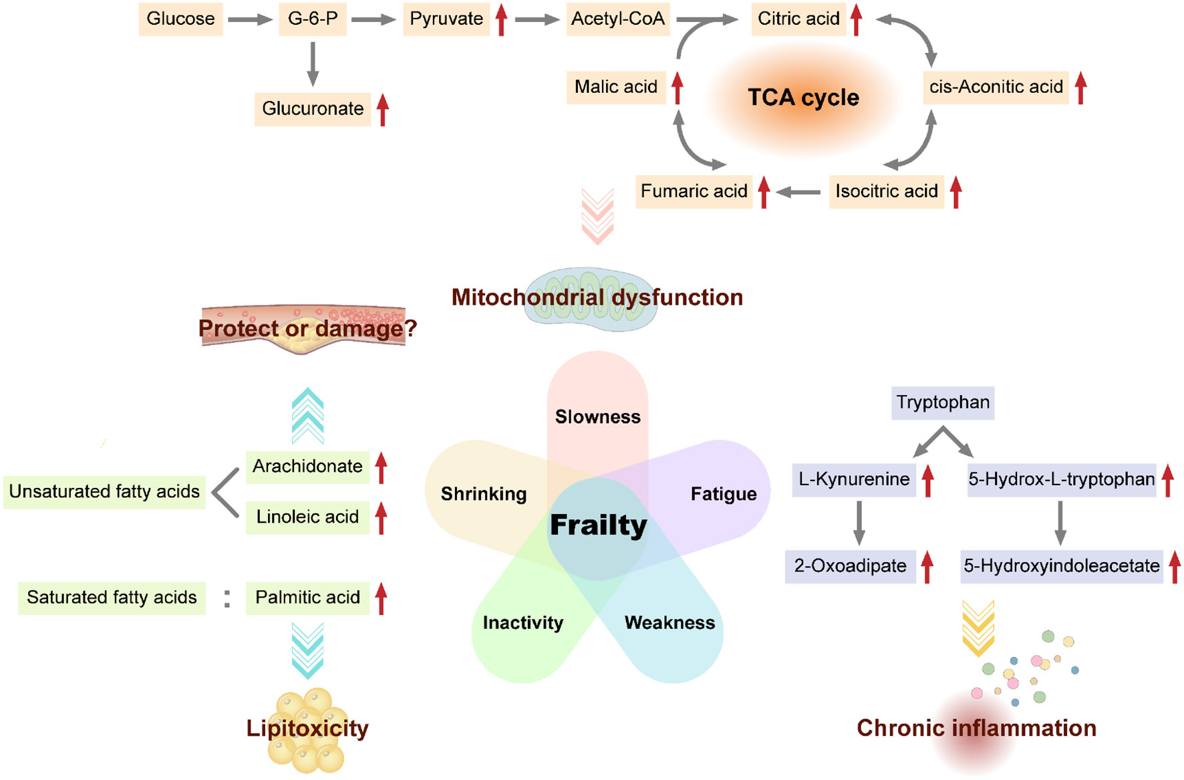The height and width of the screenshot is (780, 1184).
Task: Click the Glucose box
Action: click(180, 19)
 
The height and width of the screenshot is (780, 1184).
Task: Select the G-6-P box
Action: click(313, 19)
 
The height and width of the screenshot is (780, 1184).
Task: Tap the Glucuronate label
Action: click(313, 109)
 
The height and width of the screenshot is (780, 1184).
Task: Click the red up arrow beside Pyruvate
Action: click(501, 19)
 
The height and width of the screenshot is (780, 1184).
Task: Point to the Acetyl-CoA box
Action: click(618, 19)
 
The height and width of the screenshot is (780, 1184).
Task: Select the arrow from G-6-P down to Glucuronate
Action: click(312, 64)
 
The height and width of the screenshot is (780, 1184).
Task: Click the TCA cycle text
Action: click(803, 98)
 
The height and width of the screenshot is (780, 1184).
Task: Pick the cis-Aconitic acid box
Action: click(996, 87)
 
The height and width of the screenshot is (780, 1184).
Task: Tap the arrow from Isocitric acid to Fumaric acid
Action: click(798, 192)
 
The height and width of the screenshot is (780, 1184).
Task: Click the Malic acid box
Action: click(616, 87)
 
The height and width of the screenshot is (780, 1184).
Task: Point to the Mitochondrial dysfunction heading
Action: click(597, 297)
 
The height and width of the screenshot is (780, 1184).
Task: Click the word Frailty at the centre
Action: click(599, 525)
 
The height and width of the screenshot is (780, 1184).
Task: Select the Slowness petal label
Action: click(598, 417)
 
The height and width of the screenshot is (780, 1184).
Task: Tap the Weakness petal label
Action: click(670, 623)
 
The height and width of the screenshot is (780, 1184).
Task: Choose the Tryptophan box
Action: click(943, 402)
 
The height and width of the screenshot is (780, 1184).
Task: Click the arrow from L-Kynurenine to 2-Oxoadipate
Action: click(859, 523)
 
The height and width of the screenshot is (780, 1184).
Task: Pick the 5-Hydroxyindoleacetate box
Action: click(1062, 566)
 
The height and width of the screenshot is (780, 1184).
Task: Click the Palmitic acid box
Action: click(307, 598)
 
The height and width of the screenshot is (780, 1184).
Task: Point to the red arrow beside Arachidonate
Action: click(381, 468)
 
